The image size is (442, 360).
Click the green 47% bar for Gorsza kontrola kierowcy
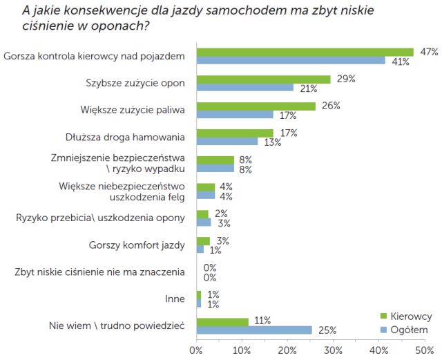tap(305, 52)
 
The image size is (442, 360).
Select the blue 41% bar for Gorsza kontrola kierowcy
tap(291, 61)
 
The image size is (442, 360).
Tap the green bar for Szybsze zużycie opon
tap(263, 79)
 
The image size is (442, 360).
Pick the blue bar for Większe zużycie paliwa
tap(236, 115)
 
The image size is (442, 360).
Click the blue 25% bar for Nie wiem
tap(254, 330)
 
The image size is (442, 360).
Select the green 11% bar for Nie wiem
tap(222, 321)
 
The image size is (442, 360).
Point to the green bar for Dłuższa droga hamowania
tap(235, 133)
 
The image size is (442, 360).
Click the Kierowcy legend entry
tap(408, 316)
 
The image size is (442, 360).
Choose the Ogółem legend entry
tap(408, 329)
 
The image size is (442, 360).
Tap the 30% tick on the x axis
tap(334, 350)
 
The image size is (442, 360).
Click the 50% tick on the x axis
tap(424, 350)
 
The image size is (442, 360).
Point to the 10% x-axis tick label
tap(242, 350)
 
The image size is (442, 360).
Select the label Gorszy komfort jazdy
tap(137, 245)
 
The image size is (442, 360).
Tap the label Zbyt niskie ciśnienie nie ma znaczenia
tap(99, 272)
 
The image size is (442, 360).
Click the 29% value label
tap(346, 79)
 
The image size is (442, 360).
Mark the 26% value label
tap(331, 106)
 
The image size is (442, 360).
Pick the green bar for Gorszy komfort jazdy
tap(203, 240)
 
